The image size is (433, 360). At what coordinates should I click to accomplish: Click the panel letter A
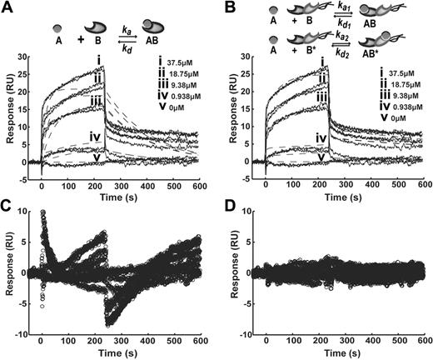7,8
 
